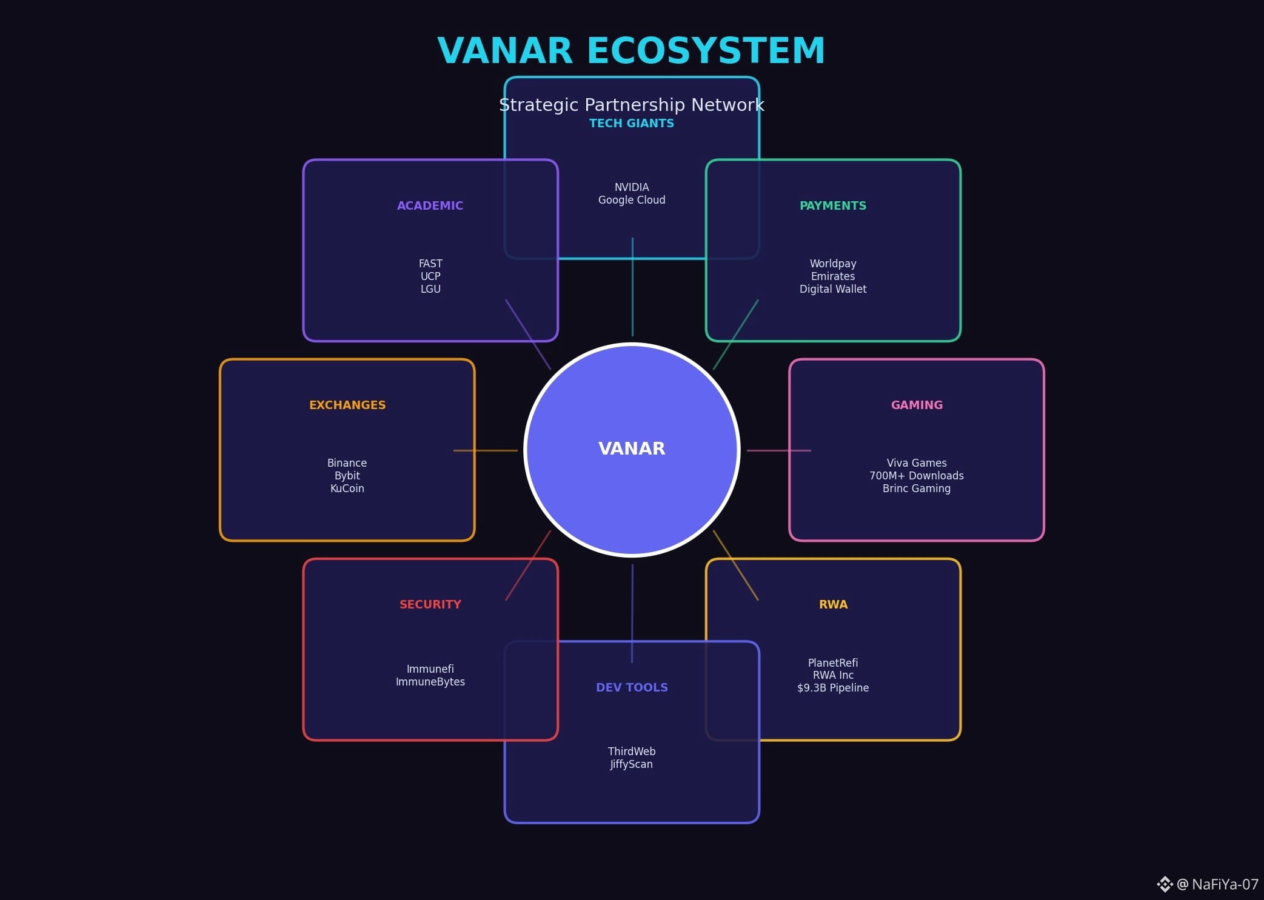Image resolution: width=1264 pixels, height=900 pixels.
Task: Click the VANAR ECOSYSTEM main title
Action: tap(631, 50)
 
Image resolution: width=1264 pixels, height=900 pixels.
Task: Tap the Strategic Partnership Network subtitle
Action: tap(631, 105)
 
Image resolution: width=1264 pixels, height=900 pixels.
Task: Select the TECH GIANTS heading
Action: tap(631, 123)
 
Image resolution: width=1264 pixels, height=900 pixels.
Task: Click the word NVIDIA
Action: tap(631, 187)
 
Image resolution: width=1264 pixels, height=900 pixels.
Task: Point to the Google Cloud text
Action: tap(631, 200)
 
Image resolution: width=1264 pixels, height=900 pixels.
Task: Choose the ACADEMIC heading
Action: tap(430, 205)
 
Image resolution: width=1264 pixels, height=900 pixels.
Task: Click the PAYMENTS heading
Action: tap(832, 205)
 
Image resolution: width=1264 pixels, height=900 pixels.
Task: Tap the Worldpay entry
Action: tap(832, 264)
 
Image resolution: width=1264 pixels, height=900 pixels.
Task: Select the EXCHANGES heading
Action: tap(347, 405)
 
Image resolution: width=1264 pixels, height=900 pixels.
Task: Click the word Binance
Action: tap(347, 463)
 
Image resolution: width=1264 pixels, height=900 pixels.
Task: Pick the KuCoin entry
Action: tap(347, 488)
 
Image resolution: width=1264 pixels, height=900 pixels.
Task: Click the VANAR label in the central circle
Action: tap(631, 448)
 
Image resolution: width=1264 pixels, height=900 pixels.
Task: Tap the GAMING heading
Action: tap(916, 405)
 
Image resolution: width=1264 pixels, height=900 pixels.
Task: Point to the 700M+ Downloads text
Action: tap(916, 476)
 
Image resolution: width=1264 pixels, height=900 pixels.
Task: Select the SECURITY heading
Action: tap(430, 604)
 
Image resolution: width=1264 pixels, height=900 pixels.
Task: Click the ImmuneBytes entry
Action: tap(430, 682)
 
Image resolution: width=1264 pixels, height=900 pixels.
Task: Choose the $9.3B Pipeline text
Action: tap(832, 688)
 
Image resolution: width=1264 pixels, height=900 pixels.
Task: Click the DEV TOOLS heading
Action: tap(631, 687)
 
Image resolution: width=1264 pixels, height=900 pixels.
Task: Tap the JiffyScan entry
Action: tap(631, 764)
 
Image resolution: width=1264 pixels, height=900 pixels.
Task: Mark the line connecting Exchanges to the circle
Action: tap(485, 450)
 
